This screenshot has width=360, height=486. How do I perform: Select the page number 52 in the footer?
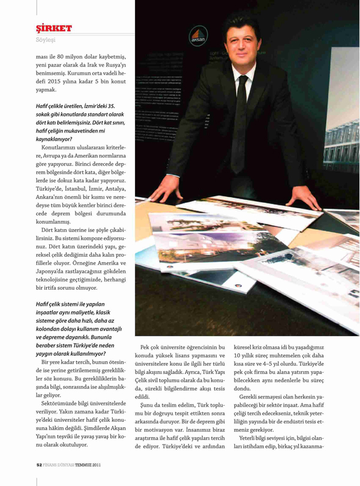38,464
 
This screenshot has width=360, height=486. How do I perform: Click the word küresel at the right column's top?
262,347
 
